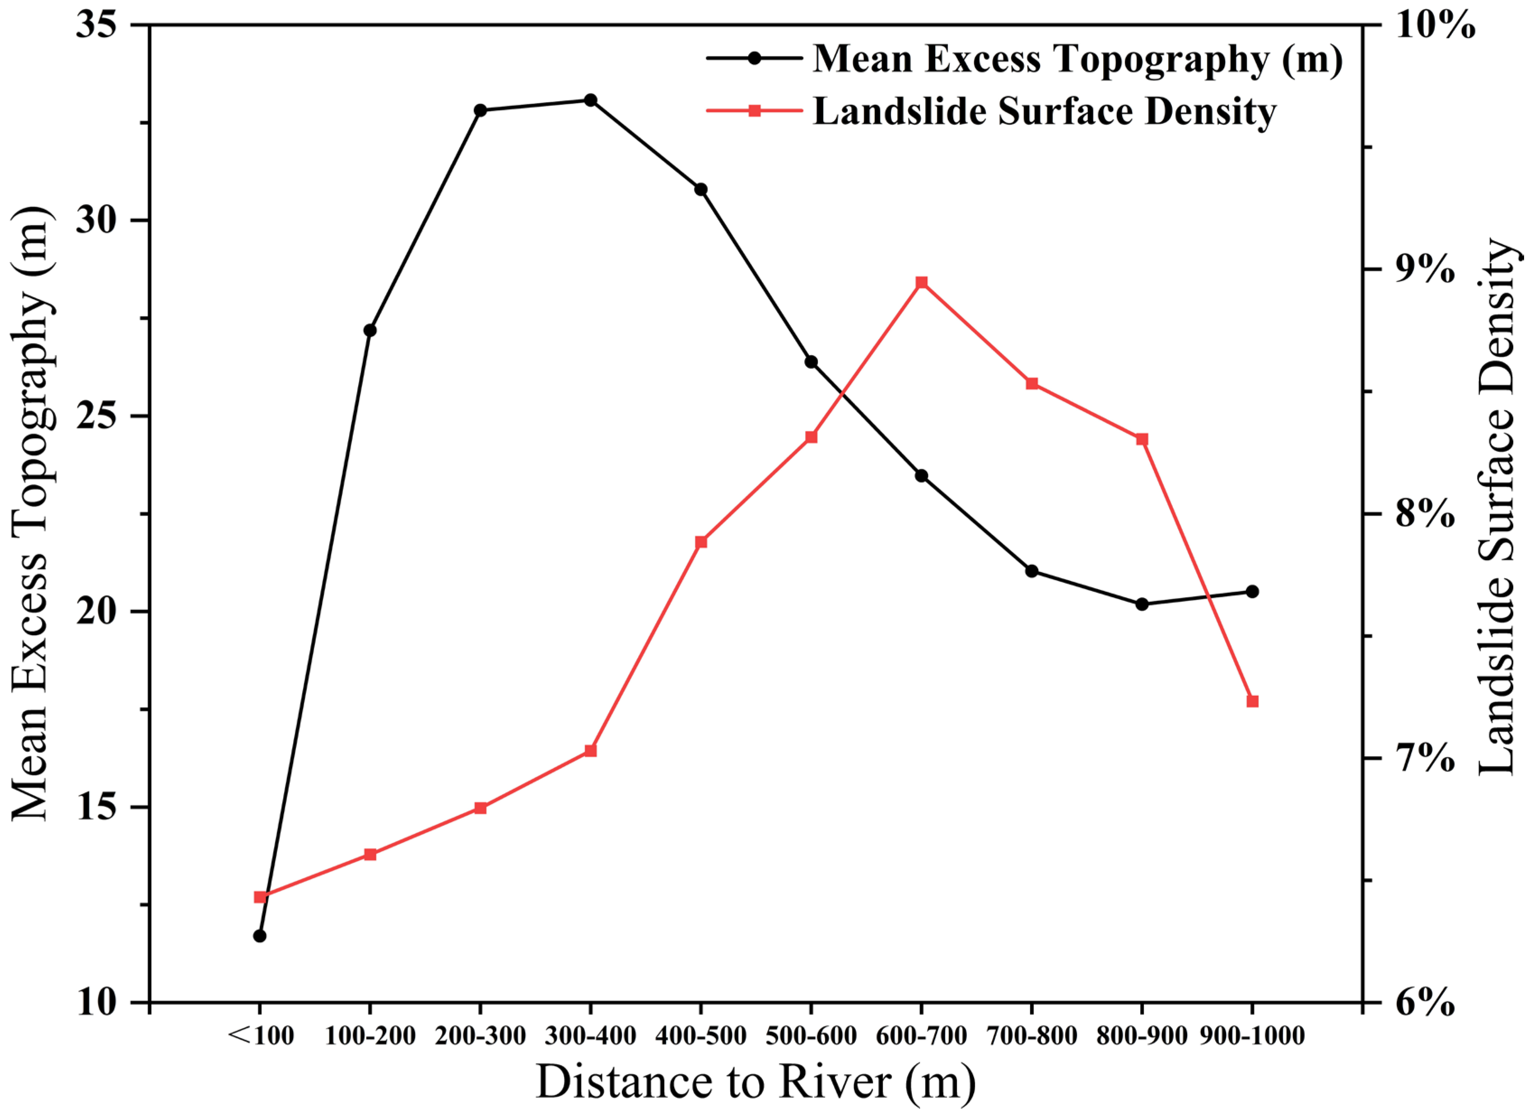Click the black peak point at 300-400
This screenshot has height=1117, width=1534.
(x=590, y=100)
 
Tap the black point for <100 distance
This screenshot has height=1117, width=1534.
(x=260, y=936)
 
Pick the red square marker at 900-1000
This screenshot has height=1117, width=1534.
(x=1252, y=701)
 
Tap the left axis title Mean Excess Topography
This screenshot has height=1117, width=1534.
(x=30, y=514)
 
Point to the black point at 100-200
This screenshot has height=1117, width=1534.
(x=370, y=330)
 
